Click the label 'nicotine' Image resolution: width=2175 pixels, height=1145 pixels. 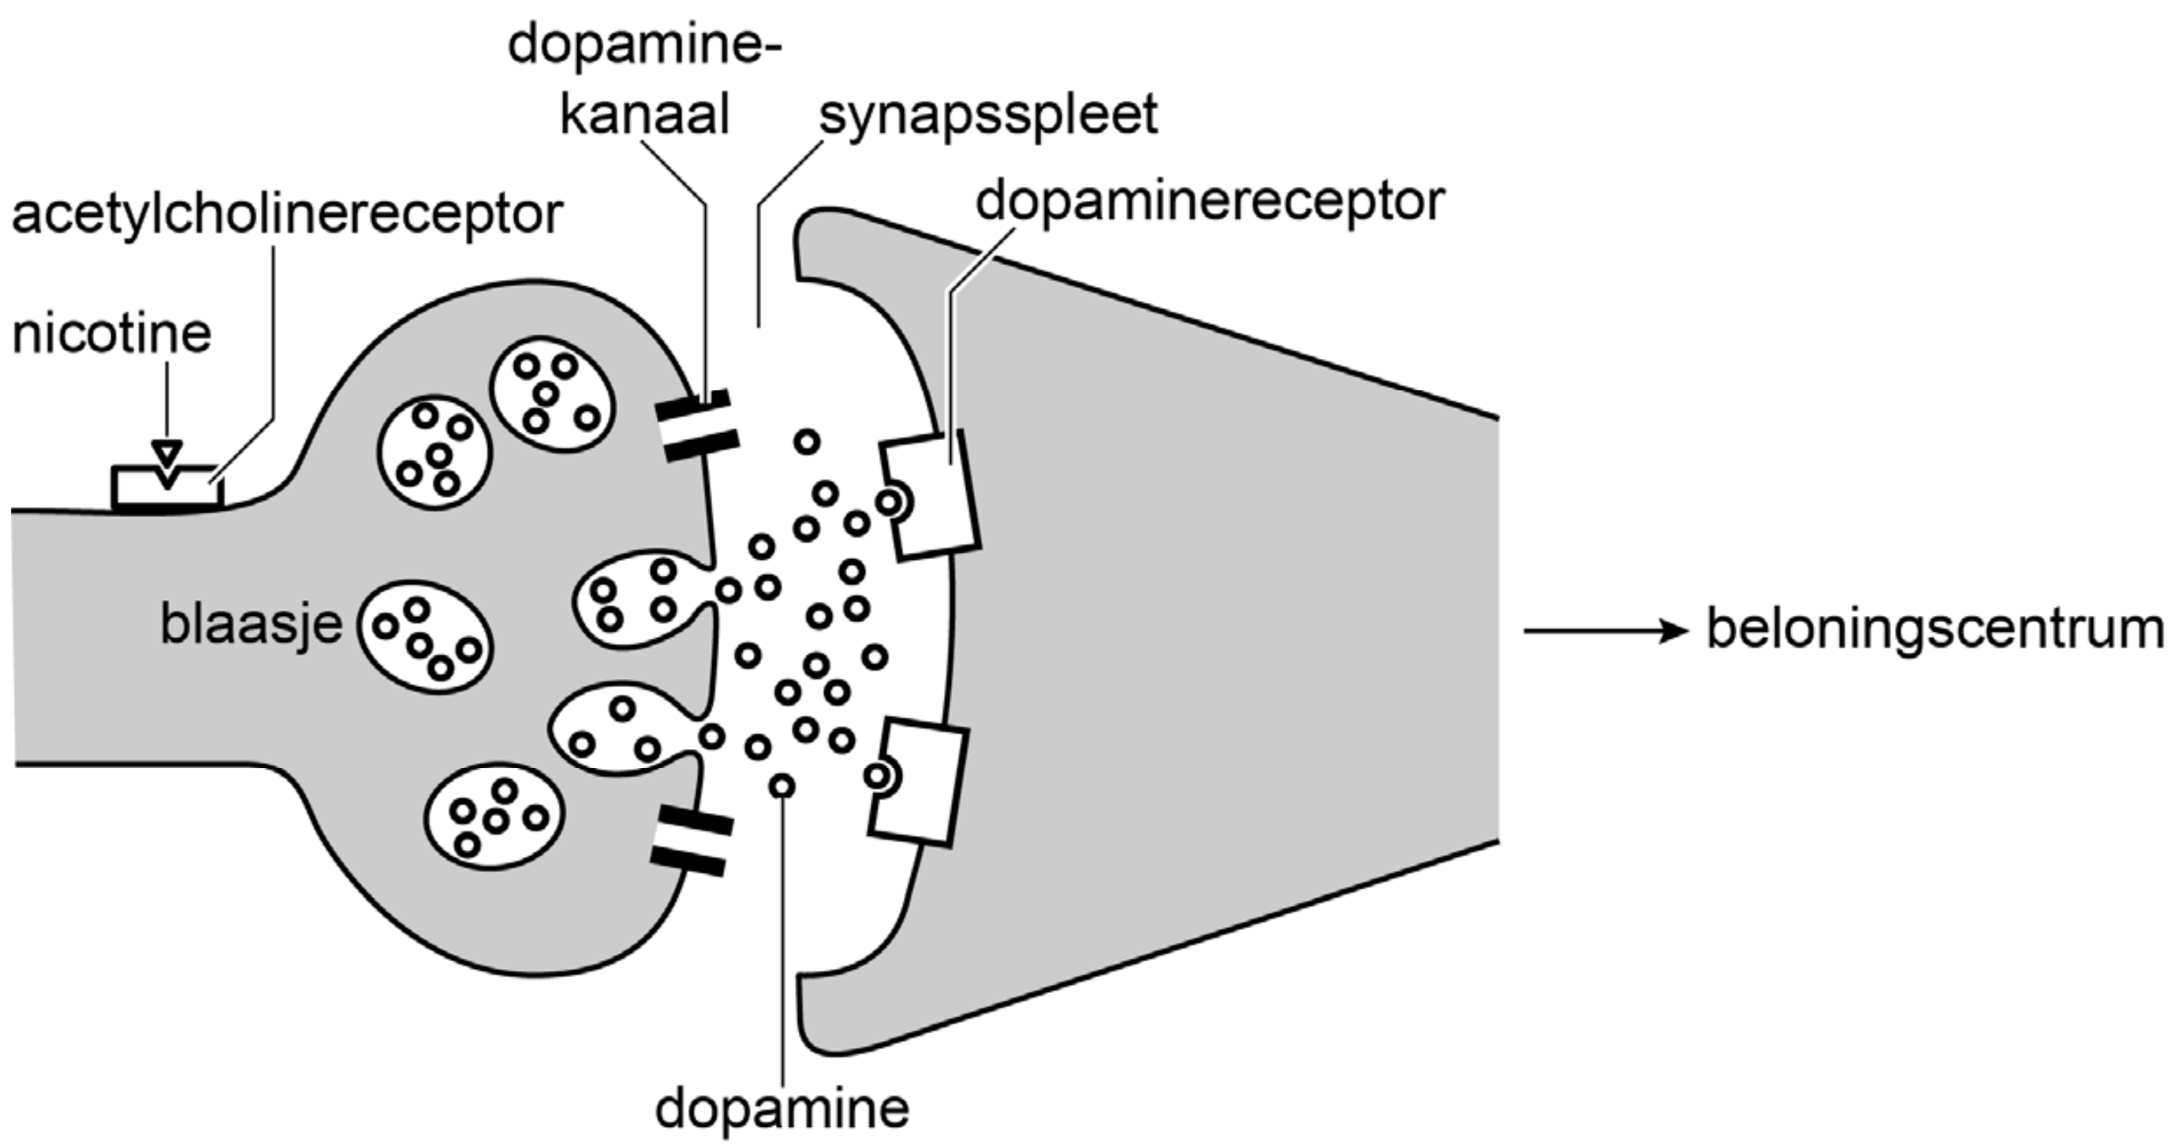coord(111,334)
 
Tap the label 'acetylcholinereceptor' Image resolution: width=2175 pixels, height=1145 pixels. coord(287,214)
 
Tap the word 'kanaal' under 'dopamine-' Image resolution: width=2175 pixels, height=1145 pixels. coord(644,115)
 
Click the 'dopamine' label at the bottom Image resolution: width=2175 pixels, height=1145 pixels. coord(782,1108)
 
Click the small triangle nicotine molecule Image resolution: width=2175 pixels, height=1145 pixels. coord(167,454)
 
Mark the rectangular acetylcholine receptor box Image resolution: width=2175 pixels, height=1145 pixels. coord(167,488)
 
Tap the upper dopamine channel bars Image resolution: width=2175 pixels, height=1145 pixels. coord(696,426)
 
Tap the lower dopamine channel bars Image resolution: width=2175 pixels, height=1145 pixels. coord(691,840)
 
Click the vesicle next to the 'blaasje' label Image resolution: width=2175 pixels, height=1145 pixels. coord(426,636)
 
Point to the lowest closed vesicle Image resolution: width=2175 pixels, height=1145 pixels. coord(494,816)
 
